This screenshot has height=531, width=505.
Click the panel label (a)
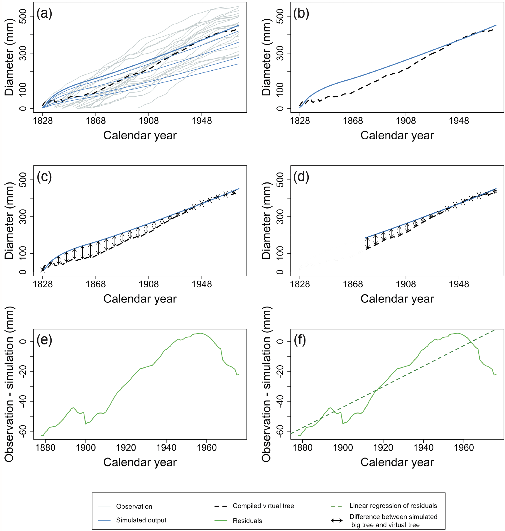(x=44, y=13)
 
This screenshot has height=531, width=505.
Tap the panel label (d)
(x=301, y=177)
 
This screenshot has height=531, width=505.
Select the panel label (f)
(x=300, y=340)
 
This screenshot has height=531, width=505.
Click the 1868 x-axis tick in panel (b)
(x=353, y=121)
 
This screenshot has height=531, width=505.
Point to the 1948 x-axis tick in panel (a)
(x=202, y=121)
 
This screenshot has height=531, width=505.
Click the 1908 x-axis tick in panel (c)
(x=148, y=284)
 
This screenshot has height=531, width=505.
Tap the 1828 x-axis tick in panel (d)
(x=300, y=284)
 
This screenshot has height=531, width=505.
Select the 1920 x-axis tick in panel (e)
(x=126, y=447)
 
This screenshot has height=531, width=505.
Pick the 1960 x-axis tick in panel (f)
(x=464, y=447)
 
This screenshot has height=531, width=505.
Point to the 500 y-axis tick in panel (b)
(x=280, y=16)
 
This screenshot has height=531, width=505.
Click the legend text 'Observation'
(x=134, y=506)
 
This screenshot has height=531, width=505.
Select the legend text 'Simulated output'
(x=141, y=520)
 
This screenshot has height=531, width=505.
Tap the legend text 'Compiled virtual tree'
(x=263, y=506)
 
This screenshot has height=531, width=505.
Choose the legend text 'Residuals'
(x=247, y=521)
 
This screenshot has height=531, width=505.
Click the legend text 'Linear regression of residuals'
(x=393, y=506)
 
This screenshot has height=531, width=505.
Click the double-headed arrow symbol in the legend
(x=337, y=520)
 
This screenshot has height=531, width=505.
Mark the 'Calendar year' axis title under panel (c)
(x=140, y=299)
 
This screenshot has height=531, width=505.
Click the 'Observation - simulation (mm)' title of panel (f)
(x=266, y=384)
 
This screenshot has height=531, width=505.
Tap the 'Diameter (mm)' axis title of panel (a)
(x=9, y=57)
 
